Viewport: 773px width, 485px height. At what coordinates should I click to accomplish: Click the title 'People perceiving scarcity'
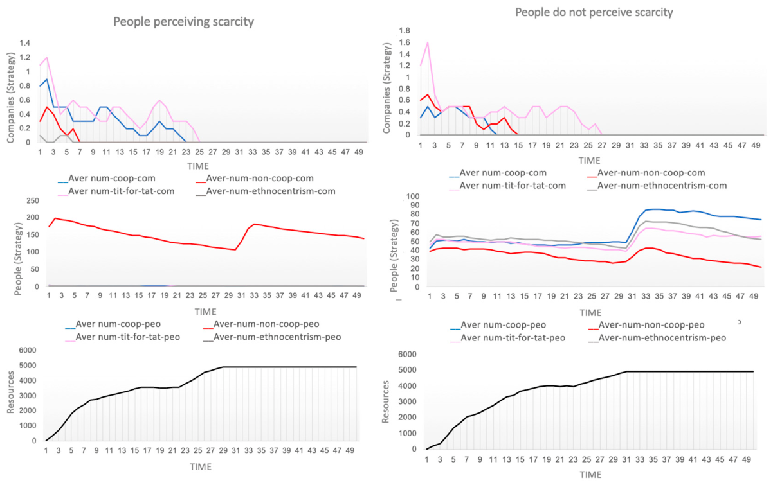(183, 22)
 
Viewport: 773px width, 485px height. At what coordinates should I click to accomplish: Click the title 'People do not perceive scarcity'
(594, 12)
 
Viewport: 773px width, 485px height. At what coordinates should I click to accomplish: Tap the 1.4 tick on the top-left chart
(25, 43)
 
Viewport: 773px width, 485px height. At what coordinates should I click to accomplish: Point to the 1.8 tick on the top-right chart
(405, 31)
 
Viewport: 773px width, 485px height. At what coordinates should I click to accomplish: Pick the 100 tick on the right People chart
(413, 197)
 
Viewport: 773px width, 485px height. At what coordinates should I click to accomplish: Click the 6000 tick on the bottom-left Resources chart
(28, 350)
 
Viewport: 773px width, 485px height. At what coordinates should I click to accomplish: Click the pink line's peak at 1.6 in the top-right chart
(428, 42)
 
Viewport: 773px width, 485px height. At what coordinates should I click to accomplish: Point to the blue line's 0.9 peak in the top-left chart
(46, 79)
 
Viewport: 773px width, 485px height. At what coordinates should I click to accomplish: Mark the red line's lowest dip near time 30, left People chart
(235, 250)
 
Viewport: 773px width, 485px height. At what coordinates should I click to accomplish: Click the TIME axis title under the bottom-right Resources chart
(590, 475)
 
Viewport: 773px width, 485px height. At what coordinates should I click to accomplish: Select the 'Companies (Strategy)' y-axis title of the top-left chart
(11, 98)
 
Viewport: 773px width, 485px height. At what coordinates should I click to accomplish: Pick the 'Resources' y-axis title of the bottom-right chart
(385, 402)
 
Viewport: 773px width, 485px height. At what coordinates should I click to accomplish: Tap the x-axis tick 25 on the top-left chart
(199, 152)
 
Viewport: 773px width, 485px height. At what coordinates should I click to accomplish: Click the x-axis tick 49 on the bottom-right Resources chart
(747, 459)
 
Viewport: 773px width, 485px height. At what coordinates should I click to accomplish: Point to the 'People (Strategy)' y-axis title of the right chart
(394, 256)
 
